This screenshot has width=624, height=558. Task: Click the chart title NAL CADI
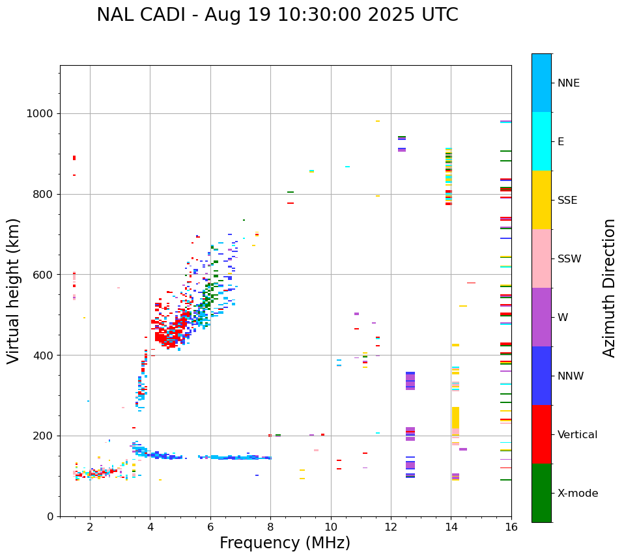tap(277, 15)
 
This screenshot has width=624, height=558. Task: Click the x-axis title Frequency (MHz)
tap(285, 543)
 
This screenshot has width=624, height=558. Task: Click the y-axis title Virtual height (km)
tap(14, 290)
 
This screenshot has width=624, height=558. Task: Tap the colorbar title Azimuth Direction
tap(609, 288)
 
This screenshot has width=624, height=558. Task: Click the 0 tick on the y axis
tap(50, 516)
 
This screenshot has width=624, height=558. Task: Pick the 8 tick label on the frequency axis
tap(270, 527)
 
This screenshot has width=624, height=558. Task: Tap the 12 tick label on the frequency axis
tap(391, 527)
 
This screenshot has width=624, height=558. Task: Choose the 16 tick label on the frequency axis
tap(511, 527)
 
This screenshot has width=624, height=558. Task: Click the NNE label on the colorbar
tap(569, 83)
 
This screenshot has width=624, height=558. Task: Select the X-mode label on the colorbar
tap(578, 494)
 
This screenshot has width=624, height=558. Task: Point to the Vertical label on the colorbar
tap(577, 435)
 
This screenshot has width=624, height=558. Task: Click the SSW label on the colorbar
tap(569, 259)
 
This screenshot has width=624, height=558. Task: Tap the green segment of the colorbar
tap(541, 493)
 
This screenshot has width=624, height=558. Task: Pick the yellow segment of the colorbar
tap(541, 200)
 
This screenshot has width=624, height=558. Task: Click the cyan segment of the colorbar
tap(541, 141)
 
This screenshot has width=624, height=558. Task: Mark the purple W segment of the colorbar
tap(541, 317)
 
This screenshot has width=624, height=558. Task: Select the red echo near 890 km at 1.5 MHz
tap(74, 158)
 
